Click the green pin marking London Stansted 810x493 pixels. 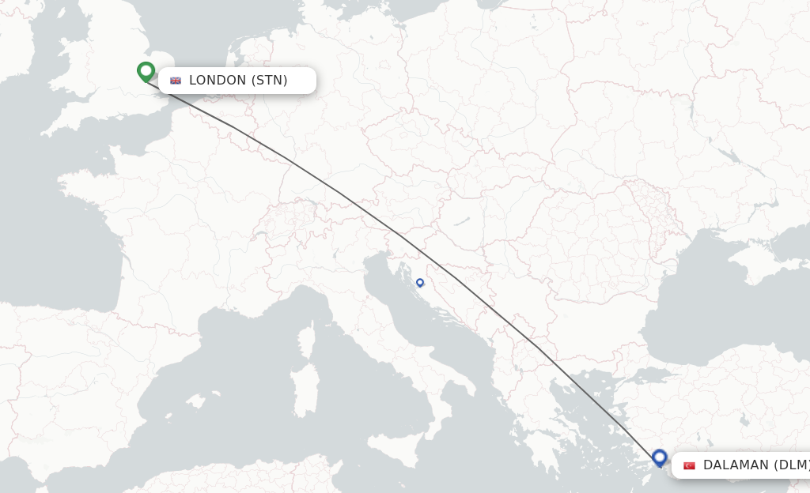pyautogui.click(x=146, y=71)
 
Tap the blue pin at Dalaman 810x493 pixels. pyautogui.click(x=660, y=457)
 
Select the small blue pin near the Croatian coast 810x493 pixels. pyautogui.click(x=420, y=282)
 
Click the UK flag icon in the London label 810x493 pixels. pyautogui.click(x=176, y=81)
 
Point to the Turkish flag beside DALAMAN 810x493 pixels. pyautogui.click(x=689, y=465)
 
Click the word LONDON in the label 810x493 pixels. pyautogui.click(x=218, y=81)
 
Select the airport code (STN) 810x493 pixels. pyautogui.click(x=270, y=81)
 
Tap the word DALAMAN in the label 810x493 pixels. pyautogui.click(x=736, y=465)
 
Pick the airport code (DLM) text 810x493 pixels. pyautogui.click(x=791, y=465)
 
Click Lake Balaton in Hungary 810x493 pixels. pyautogui.click(x=458, y=222)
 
